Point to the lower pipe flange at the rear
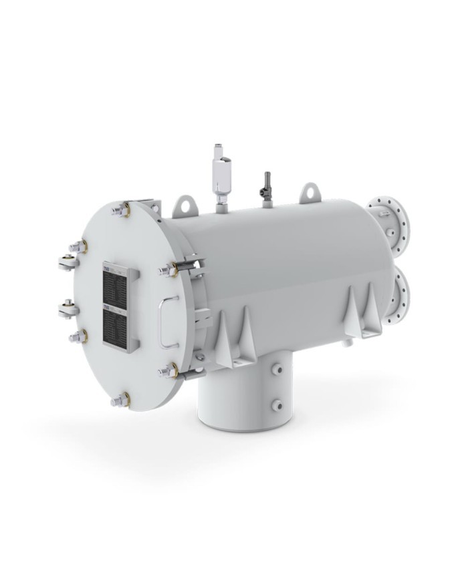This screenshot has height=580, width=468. (400, 291)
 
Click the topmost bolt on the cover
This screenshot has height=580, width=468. (122, 210)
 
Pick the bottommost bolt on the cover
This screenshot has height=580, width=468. (121, 400)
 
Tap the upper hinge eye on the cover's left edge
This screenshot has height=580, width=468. (68, 260)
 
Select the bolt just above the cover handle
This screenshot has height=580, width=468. (168, 270)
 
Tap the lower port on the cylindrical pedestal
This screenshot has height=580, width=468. (275, 404)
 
